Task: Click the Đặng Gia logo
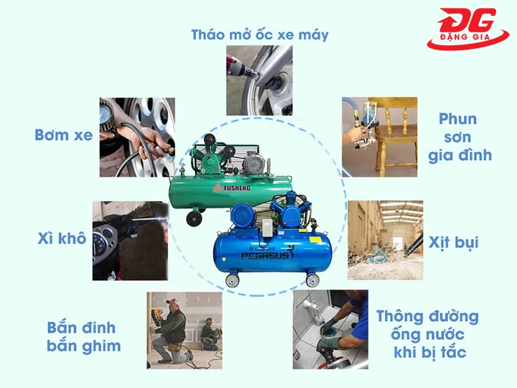pos(467,29)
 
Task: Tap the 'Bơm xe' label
pos(63,134)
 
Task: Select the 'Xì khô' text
pos(62,239)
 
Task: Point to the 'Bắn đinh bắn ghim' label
pos(83,337)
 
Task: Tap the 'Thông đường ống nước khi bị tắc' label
pos(427,334)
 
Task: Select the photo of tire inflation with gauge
pos(137,137)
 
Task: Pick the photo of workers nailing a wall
pos(184,328)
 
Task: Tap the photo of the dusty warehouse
pos(385,240)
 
